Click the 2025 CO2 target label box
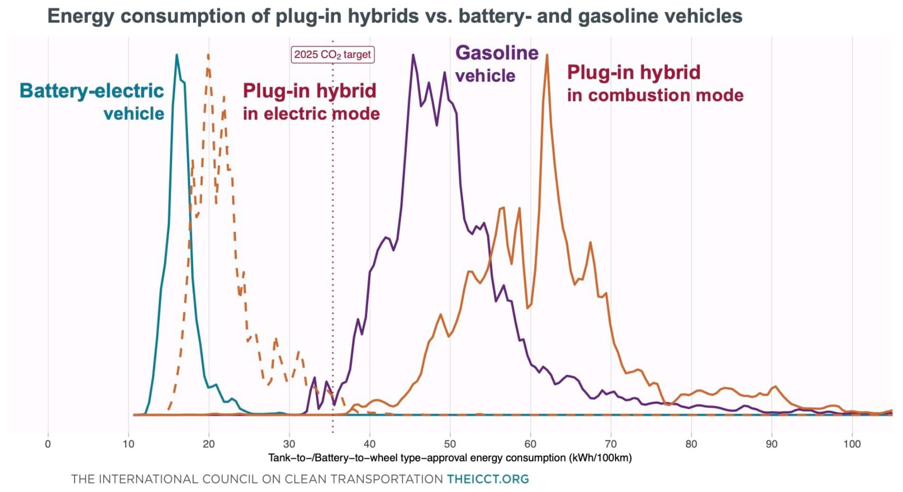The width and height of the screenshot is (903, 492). tap(332, 55)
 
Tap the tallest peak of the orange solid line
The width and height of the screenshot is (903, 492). tap(547, 56)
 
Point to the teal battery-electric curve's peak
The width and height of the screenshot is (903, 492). tap(177, 56)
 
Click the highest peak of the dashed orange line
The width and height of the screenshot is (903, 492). tap(208, 56)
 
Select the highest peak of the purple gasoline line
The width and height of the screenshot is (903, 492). tap(413, 56)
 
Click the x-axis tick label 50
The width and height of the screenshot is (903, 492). tap(449, 444)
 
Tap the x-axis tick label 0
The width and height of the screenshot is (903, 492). tap(47, 444)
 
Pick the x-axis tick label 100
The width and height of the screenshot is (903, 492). tap(852, 444)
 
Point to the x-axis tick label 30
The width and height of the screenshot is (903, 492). tap(289, 444)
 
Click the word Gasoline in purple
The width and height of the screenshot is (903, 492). tap(497, 53)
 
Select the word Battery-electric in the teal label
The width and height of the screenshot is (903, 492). tap(92, 91)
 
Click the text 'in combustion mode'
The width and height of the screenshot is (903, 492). tap(655, 95)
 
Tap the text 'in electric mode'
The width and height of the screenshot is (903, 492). tap(311, 114)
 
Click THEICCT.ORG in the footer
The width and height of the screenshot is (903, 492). tap(488, 479)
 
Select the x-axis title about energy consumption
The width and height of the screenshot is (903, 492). tap(450, 458)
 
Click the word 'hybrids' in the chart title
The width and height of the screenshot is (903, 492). tap(383, 16)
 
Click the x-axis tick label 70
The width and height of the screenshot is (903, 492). tap(611, 444)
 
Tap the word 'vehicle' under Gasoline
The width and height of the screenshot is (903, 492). tap(485, 76)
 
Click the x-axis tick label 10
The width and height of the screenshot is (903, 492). tap(128, 444)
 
